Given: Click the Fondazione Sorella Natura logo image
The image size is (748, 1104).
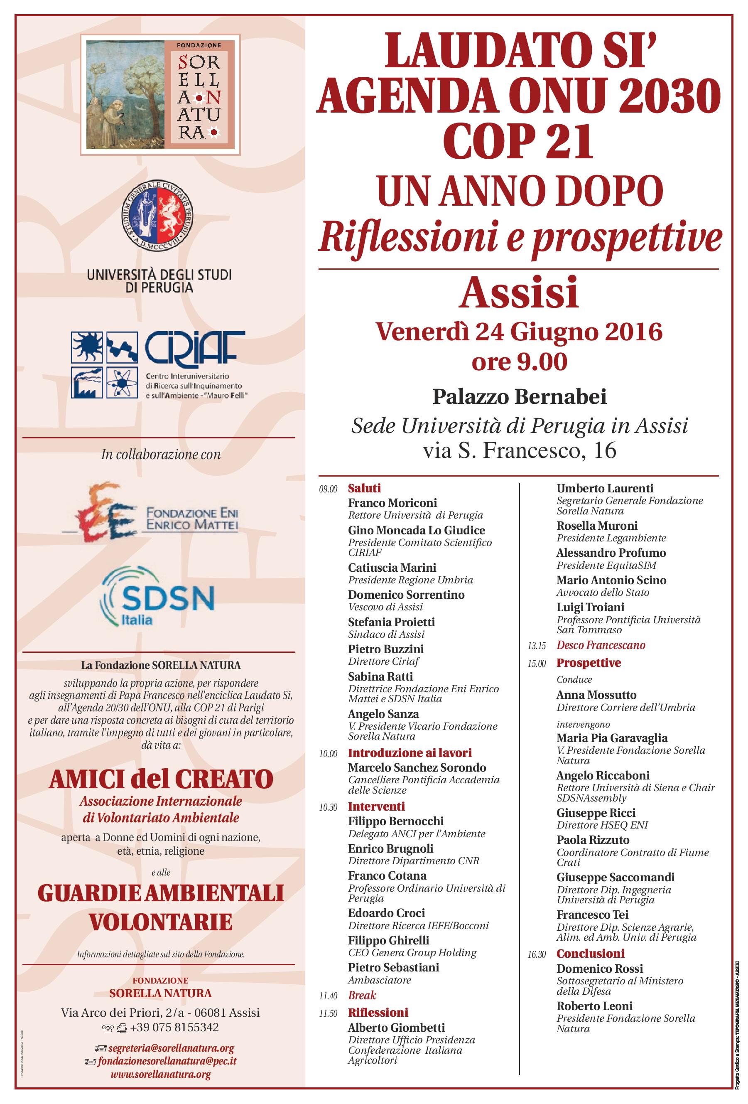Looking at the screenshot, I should pos(160,95).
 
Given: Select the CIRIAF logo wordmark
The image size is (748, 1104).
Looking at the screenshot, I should pos(195,347).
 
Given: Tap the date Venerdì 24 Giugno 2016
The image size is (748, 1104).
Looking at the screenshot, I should pos(519,332).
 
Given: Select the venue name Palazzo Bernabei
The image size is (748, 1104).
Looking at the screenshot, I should pos(519,397).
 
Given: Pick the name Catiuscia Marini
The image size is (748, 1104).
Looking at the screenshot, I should pos(392,568).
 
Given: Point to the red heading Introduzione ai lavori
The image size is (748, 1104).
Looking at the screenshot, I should pos(410,752).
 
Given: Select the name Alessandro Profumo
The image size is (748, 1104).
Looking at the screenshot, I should pos(611,553).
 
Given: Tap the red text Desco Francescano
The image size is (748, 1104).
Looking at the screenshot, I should pos(601,645).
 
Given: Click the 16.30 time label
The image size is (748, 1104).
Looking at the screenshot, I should pos(537,954).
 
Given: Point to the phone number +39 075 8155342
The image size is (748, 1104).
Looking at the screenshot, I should pos(174,1027).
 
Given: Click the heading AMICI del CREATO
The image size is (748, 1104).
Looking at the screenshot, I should pos(161,779).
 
